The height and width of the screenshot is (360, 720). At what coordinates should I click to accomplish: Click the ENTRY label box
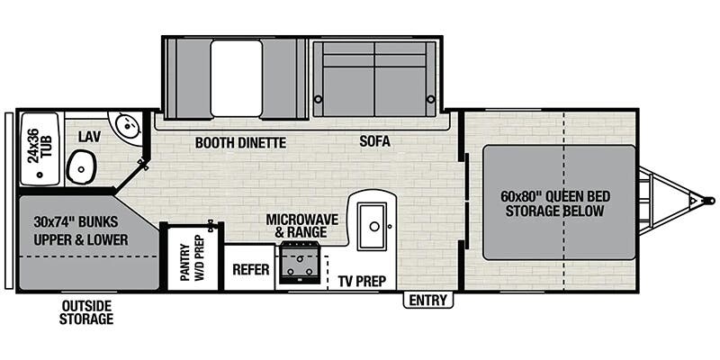[428, 301]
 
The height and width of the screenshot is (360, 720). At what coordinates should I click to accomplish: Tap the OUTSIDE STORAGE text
[86, 312]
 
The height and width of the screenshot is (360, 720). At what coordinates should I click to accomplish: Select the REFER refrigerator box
[250, 267]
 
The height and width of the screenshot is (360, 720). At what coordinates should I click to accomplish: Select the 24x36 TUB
[40, 148]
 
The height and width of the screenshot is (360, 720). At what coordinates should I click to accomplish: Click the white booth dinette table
[236, 78]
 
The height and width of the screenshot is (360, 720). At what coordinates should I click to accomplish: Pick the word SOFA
[374, 141]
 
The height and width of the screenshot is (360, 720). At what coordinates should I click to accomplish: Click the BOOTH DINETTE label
[240, 143]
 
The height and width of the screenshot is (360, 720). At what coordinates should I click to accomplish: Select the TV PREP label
[363, 281]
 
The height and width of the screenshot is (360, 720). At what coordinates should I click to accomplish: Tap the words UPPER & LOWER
[81, 239]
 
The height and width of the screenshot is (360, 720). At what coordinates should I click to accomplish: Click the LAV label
[89, 136]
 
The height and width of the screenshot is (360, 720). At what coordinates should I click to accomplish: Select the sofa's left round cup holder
[318, 99]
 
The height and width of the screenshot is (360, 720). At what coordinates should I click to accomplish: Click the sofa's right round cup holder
[431, 99]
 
